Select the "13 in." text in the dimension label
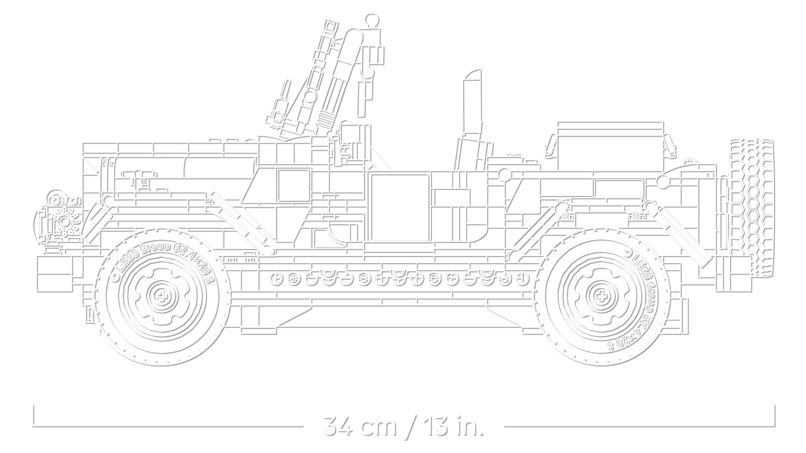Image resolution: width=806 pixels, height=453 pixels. (453, 426)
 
